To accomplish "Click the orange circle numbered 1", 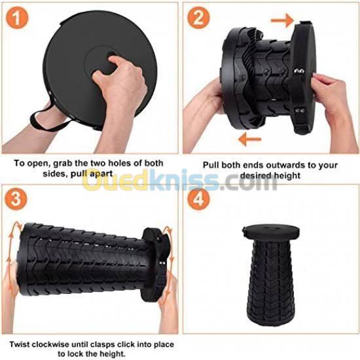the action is click(x=17, y=18).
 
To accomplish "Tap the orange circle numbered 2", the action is click(x=198, y=18).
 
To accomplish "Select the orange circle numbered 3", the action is click(x=16, y=199).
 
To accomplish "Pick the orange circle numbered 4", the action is click(x=198, y=199).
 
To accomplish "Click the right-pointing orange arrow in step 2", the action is click(x=282, y=20).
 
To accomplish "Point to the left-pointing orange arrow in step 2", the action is click(x=250, y=139).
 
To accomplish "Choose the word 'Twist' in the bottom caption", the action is click(x=20, y=344).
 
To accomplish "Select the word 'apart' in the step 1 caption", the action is click(x=101, y=174).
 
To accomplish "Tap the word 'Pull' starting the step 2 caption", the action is click(x=211, y=165).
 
